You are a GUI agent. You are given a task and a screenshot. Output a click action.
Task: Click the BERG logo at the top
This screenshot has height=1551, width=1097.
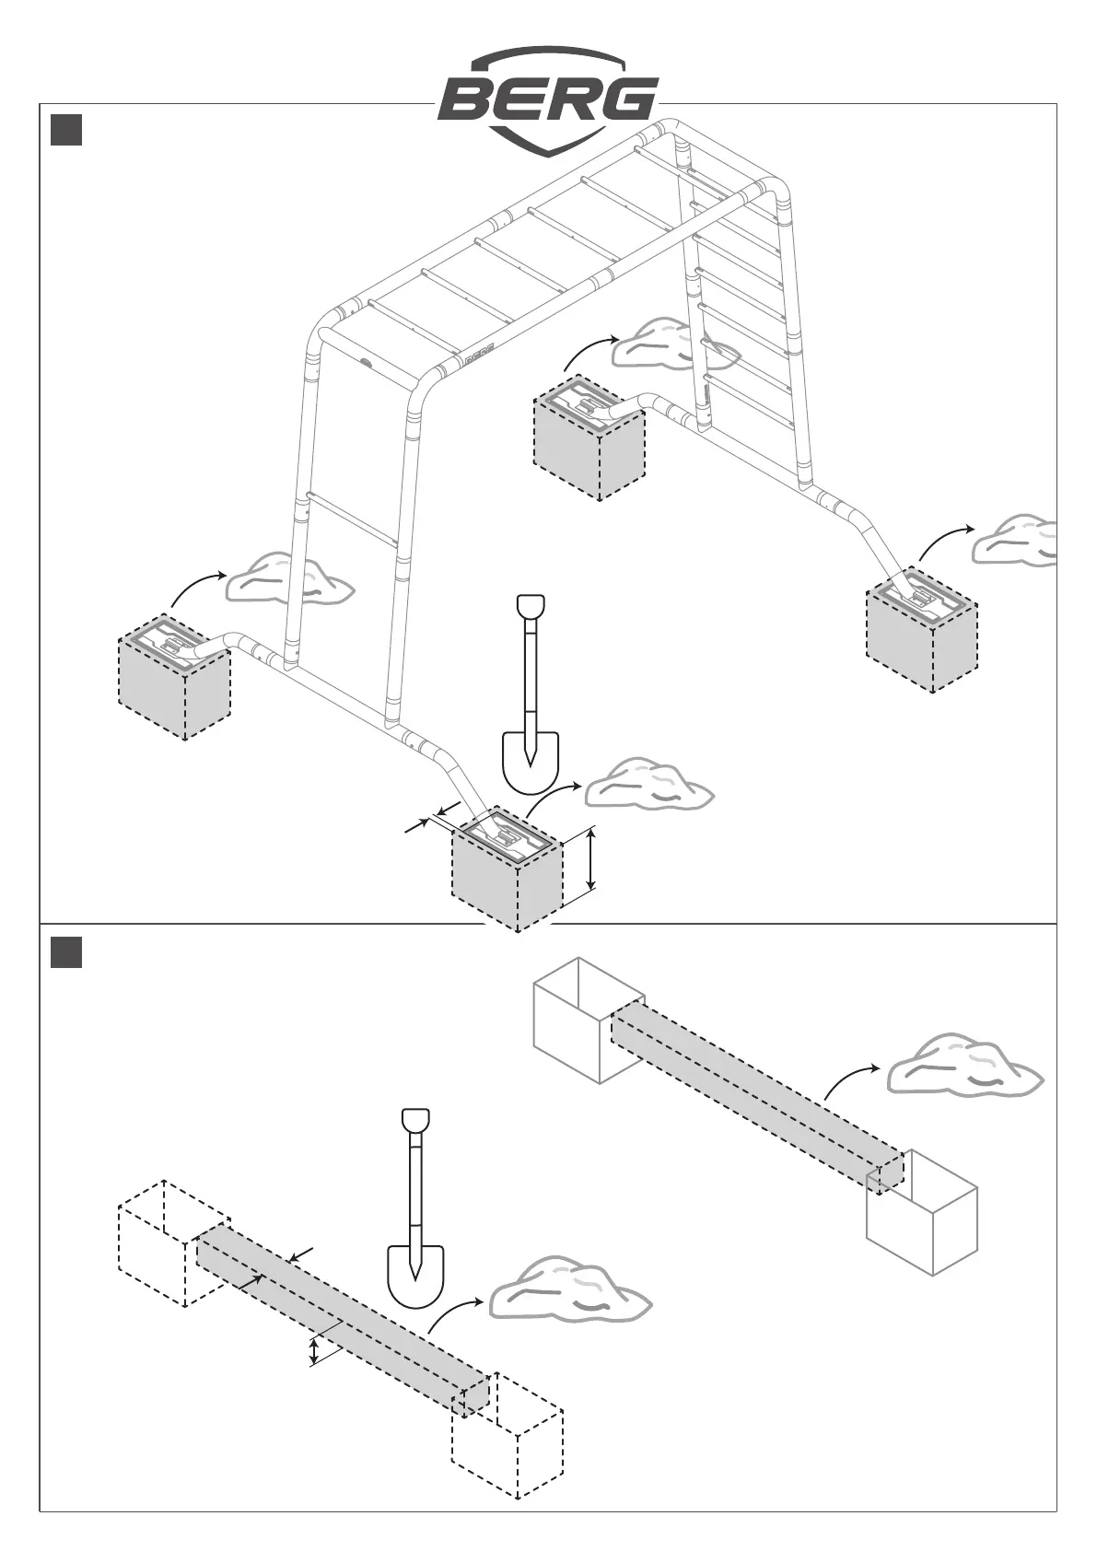coord(548,99)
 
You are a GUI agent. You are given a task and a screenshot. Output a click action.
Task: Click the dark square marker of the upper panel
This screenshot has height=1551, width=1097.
coord(66,130)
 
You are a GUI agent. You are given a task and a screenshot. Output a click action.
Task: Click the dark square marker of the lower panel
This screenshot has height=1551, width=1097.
coord(66,952)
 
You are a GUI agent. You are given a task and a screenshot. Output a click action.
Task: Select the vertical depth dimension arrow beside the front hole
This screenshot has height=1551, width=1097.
coord(590,859)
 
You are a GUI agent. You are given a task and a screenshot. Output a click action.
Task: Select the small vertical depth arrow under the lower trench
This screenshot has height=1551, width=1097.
coord(314,1351)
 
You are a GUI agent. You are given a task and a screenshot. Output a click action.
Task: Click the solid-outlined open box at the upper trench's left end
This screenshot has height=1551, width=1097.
coord(588,1020)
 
